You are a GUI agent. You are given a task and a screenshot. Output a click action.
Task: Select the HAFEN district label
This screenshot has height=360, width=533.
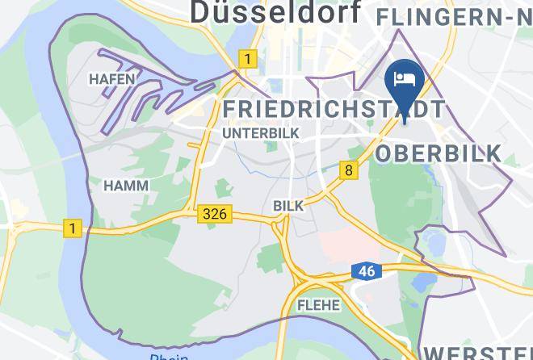click(x=111, y=79)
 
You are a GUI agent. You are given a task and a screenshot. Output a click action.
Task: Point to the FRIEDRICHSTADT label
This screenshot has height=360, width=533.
click(x=333, y=108)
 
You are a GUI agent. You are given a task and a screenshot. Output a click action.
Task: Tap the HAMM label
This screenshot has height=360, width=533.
click(x=126, y=186)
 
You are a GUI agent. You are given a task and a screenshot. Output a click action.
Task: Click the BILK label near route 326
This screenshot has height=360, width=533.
click(x=288, y=206)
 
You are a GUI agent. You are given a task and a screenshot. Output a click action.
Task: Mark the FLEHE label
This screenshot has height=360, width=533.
click(x=318, y=305)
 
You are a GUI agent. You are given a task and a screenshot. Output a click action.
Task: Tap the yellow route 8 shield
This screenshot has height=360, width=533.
click(x=348, y=170)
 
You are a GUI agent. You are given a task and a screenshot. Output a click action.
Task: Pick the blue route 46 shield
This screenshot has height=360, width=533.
click(x=366, y=271)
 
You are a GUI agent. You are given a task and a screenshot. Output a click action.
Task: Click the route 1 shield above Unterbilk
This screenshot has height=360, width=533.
click(x=246, y=58)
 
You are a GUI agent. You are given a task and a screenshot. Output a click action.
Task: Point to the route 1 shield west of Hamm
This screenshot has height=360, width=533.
click(x=73, y=228)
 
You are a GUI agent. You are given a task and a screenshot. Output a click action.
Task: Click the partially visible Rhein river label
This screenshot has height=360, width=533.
click(x=168, y=356)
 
